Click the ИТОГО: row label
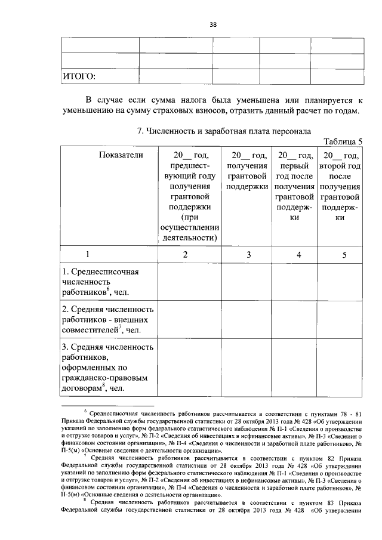pyautogui.click(x=79, y=76)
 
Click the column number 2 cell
pyautogui.click(x=185, y=254)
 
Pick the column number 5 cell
pyautogui.click(x=344, y=254)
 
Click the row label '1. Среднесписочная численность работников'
pyautogui.click(x=101, y=282)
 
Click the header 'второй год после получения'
pyautogui.click(x=340, y=186)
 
